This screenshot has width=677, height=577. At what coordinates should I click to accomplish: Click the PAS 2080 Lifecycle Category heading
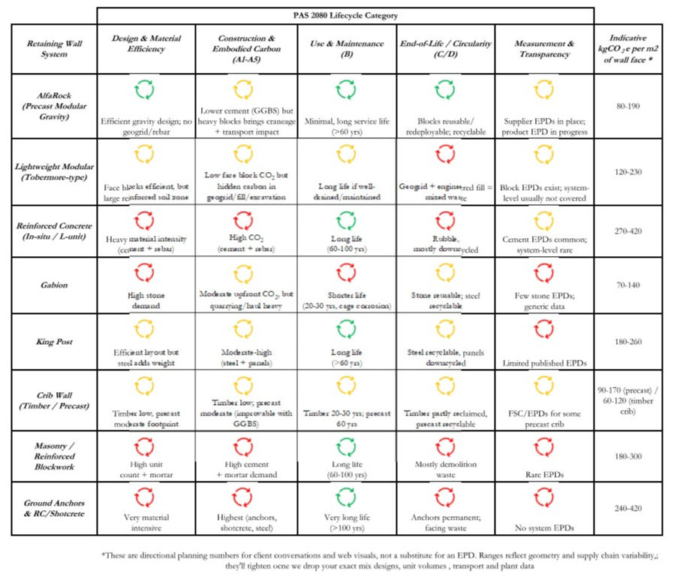(x=346, y=15)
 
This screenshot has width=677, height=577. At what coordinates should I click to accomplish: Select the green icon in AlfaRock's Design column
(x=146, y=92)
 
